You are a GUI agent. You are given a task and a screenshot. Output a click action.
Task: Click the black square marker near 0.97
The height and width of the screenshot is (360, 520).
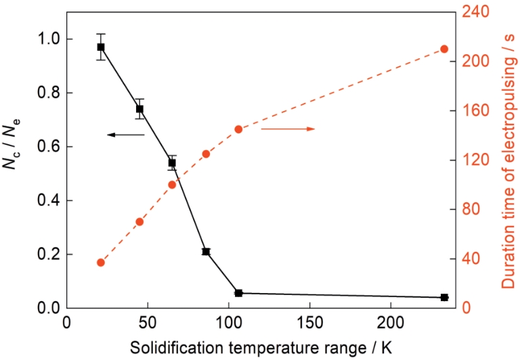[100, 47]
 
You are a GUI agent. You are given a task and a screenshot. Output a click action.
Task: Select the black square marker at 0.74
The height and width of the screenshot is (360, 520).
[139, 109]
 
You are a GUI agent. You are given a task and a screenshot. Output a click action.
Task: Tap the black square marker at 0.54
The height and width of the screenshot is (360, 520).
[172, 163]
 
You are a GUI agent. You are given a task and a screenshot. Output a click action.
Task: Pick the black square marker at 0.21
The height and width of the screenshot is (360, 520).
[206, 252]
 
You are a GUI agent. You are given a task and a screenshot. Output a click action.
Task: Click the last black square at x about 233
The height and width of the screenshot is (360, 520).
[444, 297]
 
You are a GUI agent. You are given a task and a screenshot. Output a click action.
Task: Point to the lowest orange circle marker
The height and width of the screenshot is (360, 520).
[100, 263]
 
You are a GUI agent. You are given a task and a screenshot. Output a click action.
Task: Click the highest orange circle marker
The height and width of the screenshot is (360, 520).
[444, 49]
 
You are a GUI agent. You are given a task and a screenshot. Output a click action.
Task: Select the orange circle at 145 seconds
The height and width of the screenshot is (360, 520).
[238, 129]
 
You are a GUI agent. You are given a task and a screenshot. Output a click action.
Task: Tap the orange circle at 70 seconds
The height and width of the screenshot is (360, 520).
[139, 222]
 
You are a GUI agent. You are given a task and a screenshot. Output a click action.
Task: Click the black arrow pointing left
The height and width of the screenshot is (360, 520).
[125, 135]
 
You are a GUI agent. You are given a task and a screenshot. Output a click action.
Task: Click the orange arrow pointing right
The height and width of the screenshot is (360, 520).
[288, 129]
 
